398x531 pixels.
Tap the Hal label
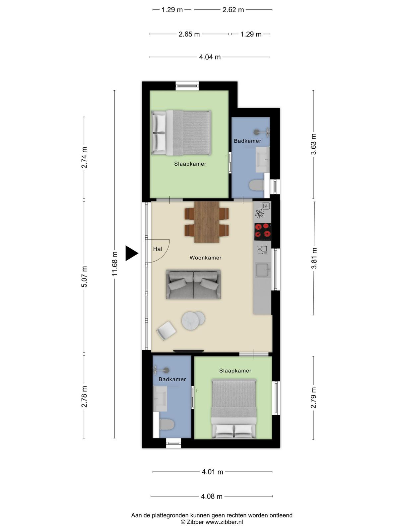point(158,249)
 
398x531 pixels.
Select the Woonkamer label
point(205,258)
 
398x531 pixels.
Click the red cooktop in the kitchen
point(263,232)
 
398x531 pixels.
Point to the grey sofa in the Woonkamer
point(193,284)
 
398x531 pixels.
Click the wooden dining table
point(207,222)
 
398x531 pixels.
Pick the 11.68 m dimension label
point(114,264)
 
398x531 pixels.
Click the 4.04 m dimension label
point(210,57)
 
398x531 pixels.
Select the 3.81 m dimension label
point(314,258)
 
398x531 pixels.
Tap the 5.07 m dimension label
point(84,276)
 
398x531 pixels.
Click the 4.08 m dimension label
point(212,496)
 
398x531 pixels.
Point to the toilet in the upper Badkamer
point(257,185)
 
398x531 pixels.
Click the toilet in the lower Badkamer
point(167,424)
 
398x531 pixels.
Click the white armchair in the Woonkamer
point(166,331)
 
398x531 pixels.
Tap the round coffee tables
point(193,320)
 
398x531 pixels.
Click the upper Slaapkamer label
point(190,164)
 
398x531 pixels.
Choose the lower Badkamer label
point(172,379)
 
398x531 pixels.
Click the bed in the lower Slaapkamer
point(234,409)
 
